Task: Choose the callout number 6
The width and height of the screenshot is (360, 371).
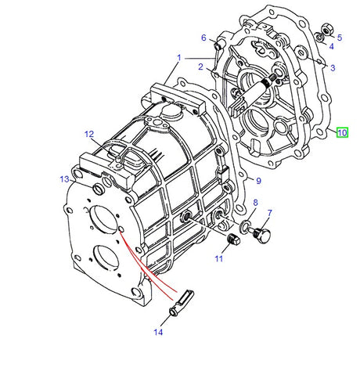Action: click(x=203, y=38)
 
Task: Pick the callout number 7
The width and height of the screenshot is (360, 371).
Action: click(x=269, y=213)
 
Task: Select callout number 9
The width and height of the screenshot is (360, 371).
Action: click(x=259, y=182)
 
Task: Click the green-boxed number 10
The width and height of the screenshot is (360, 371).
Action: click(x=342, y=132)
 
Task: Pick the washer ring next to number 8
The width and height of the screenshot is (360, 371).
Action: click(x=247, y=227)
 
